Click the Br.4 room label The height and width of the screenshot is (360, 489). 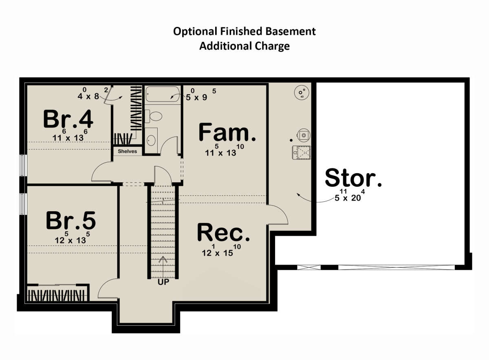click(68, 119)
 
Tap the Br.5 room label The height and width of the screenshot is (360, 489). click(71, 221)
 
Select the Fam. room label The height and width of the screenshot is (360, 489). click(227, 132)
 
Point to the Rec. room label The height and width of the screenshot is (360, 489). click(224, 232)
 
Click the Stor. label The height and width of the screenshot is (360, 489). click(353, 177)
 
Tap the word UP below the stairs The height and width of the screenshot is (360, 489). click(163, 282)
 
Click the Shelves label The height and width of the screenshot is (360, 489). click(127, 151)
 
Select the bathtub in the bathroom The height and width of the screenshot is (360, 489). click(163, 94)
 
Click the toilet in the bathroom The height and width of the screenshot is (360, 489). click(154, 116)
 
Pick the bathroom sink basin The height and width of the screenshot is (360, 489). click(151, 140)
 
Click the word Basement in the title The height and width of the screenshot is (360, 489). click(290, 31)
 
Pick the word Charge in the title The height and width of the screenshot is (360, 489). click(272, 46)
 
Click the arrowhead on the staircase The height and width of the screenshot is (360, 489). click(163, 260)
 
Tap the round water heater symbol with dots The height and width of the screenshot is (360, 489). click(302, 93)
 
